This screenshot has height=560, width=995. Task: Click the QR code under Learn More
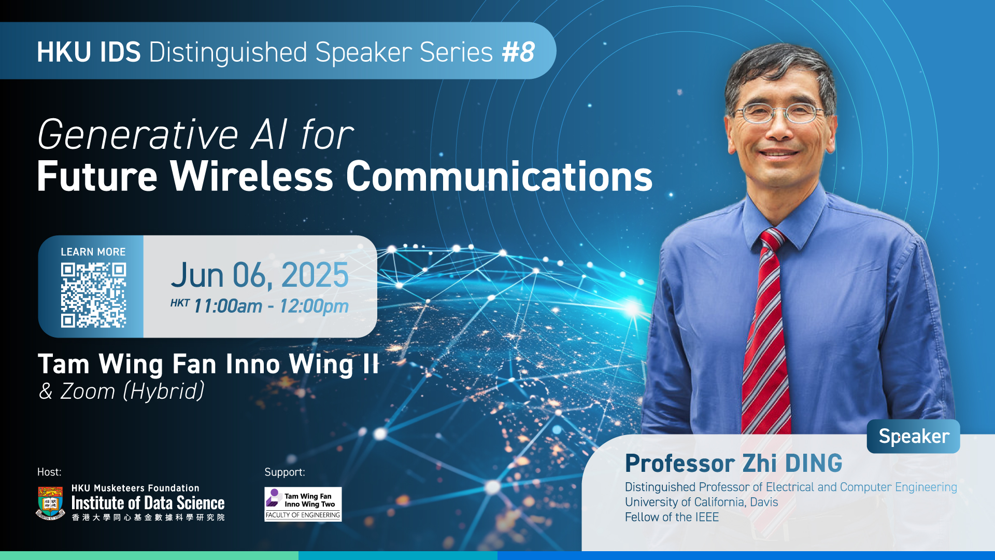tap(93, 295)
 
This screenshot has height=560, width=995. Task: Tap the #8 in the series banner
tap(518, 52)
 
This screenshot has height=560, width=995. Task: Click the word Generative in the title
tap(138, 135)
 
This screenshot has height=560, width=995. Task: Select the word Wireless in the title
tap(252, 176)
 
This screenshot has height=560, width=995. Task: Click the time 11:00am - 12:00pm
tap(271, 306)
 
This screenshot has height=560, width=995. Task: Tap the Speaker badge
tap(914, 437)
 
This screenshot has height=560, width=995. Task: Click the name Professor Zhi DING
tap(733, 463)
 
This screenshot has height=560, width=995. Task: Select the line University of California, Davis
tap(701, 502)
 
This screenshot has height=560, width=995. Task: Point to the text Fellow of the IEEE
tap(672, 517)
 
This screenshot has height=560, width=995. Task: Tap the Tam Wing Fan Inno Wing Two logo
tap(303, 504)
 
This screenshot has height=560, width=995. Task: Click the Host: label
tap(49, 472)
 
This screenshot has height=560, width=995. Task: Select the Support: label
tap(285, 472)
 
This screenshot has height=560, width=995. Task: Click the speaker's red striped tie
tap(766, 332)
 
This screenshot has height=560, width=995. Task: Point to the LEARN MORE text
tap(93, 252)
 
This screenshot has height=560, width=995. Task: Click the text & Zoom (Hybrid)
tap(122, 391)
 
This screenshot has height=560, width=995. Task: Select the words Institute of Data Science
tap(148, 503)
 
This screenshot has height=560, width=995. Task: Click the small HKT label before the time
tap(180, 303)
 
